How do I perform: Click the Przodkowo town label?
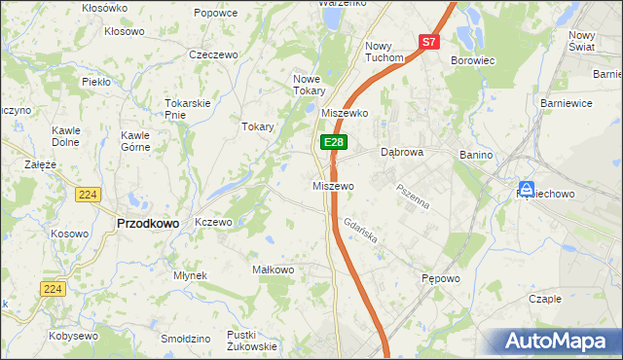point(147,223)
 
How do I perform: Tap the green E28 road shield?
point(333,142)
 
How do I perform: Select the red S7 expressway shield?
point(430,42)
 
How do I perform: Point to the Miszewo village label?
point(333,185)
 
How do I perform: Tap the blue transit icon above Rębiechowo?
point(527,188)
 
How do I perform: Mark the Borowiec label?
point(473,59)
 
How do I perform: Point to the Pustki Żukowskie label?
point(251,340)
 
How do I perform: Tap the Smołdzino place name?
point(186,339)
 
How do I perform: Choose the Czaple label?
point(544,299)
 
